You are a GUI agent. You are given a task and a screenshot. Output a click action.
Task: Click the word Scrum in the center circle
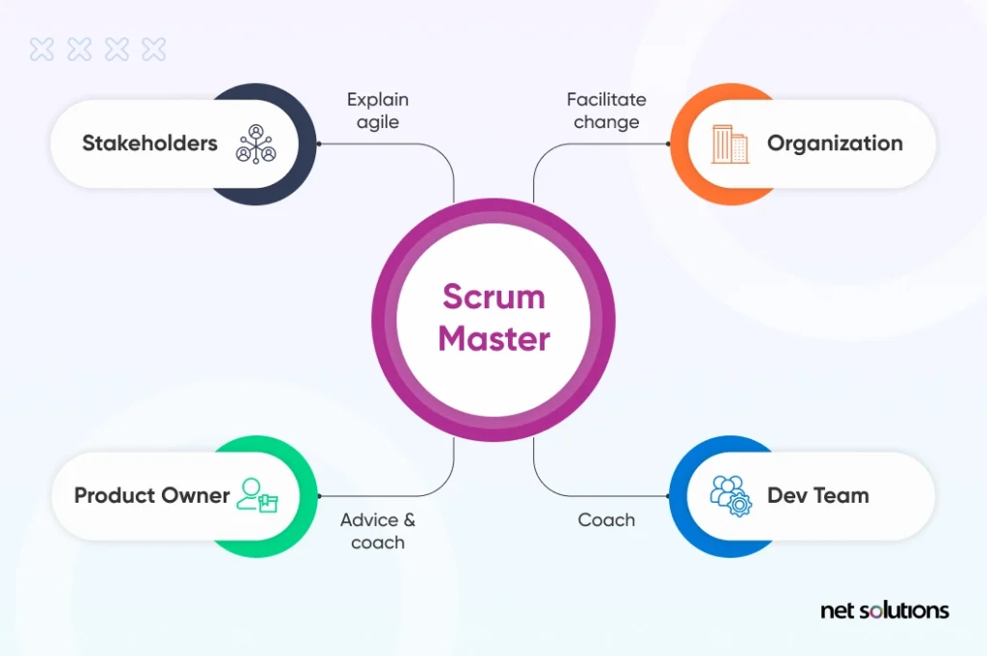tap(493, 297)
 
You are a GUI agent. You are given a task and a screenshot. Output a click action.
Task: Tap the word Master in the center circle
tap(494, 338)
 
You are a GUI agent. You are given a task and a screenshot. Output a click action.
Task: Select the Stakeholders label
tap(149, 143)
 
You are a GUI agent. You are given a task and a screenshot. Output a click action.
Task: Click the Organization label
tap(835, 144)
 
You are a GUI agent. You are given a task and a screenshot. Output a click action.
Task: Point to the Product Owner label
tap(151, 495)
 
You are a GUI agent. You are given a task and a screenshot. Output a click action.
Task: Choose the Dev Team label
tap(817, 495)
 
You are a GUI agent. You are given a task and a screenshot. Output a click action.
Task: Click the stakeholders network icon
tap(255, 144)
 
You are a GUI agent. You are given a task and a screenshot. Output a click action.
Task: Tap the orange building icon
tap(731, 144)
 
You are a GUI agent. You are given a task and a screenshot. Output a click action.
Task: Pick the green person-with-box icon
tap(257, 496)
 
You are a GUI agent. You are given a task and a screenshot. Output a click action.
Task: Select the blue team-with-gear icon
tap(731, 496)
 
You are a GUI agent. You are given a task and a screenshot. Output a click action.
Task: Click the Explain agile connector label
tap(378, 111)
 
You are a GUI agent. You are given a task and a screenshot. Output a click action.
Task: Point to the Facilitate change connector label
tap(606, 111)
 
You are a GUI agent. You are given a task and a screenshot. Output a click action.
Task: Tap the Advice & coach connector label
tap(378, 531)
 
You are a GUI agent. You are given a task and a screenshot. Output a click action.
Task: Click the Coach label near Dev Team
tap(606, 520)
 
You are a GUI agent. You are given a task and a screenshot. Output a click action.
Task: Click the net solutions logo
tap(885, 610)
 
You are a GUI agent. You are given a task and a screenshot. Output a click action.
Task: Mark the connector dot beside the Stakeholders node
tap(318, 144)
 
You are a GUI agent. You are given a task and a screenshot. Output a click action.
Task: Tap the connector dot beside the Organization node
tap(668, 144)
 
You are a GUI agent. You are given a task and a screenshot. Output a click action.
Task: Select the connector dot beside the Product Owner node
tap(319, 496)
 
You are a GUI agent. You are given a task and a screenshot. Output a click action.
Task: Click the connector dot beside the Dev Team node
tap(668, 496)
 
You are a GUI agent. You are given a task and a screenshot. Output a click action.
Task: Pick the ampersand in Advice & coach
tap(409, 520)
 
